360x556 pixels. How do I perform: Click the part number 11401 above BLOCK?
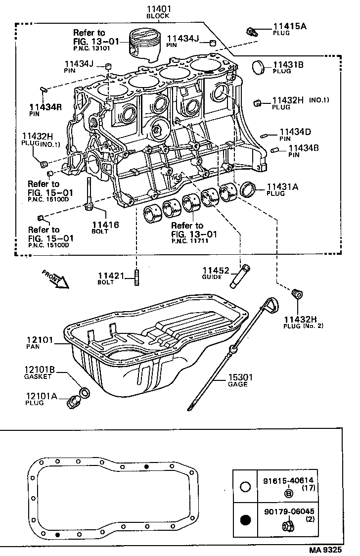tap(158, 9)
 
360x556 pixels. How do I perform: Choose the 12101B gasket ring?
tap(85, 393)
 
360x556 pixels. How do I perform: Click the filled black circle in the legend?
tap(245, 520)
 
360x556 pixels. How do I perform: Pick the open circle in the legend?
tap(245, 487)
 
